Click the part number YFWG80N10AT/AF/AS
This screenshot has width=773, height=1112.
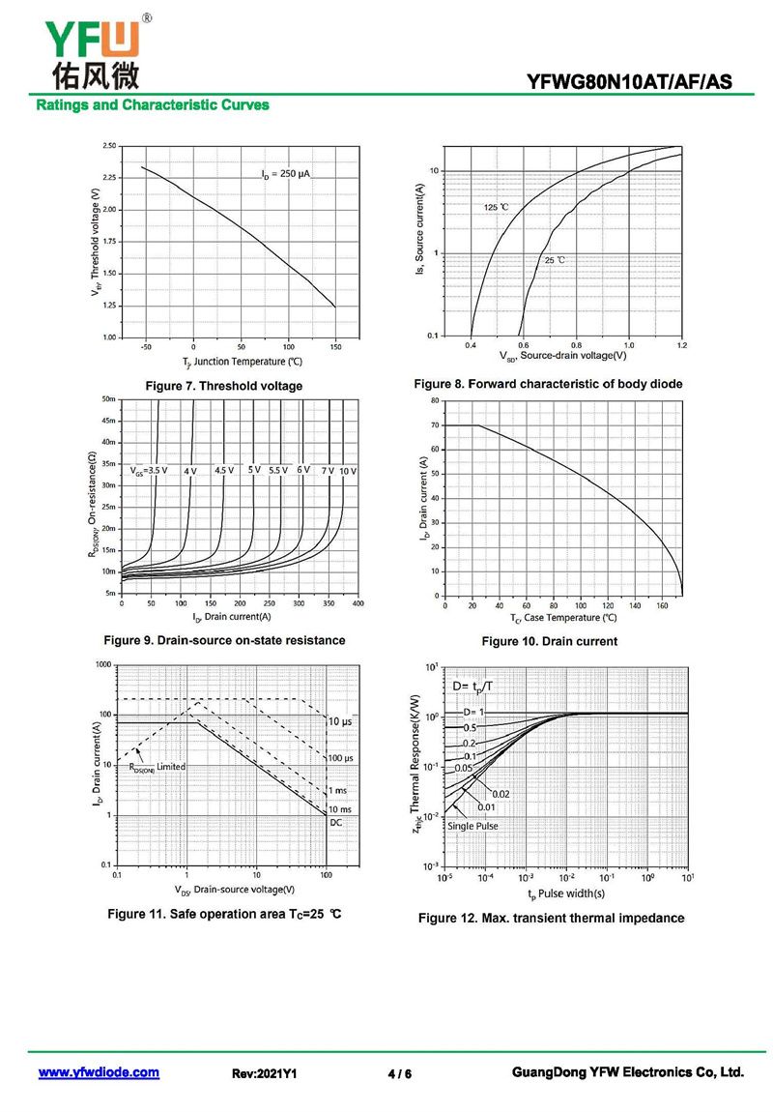(x=629, y=82)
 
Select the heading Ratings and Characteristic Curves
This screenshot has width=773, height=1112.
(x=153, y=104)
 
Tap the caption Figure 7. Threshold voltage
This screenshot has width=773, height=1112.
(x=223, y=386)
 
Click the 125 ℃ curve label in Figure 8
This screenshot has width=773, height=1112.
(x=497, y=207)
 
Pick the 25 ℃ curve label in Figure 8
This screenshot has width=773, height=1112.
(x=555, y=260)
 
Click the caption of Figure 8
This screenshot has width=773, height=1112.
(x=548, y=384)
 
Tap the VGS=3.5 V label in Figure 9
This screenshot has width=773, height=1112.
(x=149, y=471)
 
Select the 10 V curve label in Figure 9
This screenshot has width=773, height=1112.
(x=348, y=471)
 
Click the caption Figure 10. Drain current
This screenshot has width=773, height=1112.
(x=549, y=641)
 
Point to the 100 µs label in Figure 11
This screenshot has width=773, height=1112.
(x=340, y=757)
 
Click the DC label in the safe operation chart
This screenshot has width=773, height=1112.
(x=336, y=822)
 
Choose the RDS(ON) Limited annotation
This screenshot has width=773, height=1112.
(x=157, y=767)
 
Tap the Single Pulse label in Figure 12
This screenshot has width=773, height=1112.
(x=473, y=826)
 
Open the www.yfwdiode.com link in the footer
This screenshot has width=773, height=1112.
(x=99, y=1072)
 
